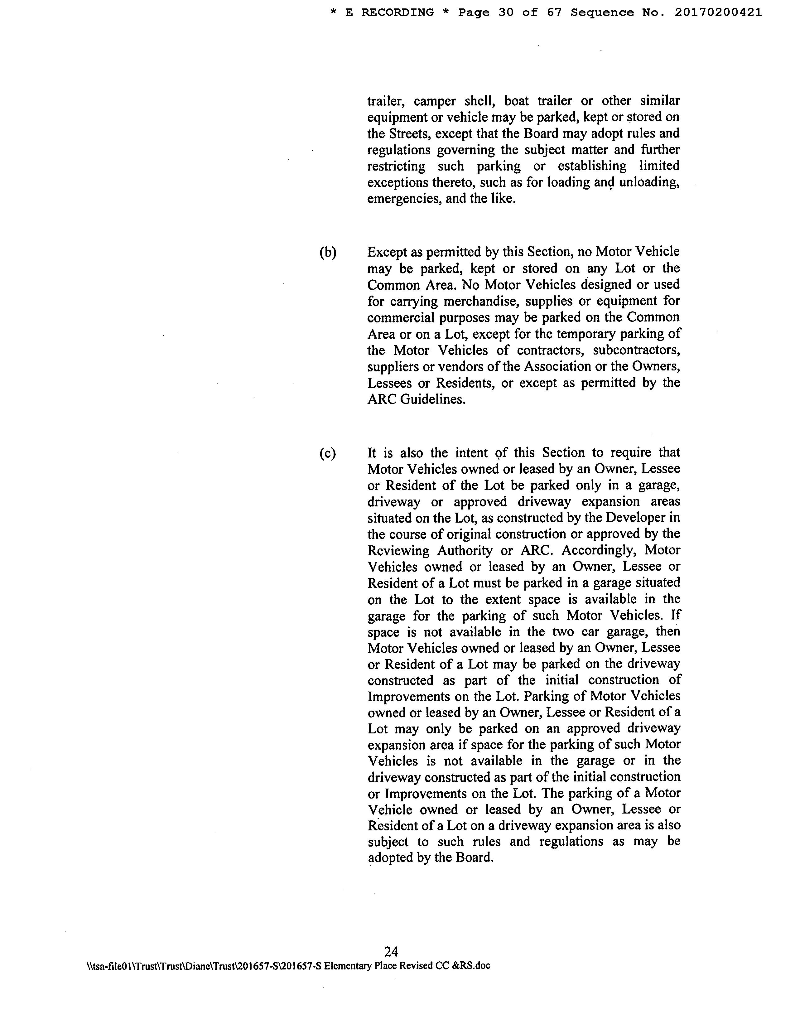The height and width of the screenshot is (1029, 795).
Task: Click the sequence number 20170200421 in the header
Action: pos(718,13)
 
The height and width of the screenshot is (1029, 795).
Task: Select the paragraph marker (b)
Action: pos(328,253)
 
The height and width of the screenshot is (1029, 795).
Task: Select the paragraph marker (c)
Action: pos(327,453)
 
